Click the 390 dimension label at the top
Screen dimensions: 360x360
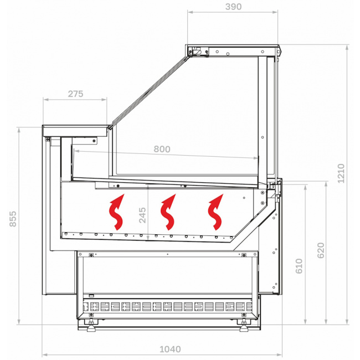point(233,7)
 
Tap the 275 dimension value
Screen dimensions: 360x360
point(75,94)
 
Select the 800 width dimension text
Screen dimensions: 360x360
point(162,149)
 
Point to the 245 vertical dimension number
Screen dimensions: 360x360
point(142,215)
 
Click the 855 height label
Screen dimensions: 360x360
point(13,219)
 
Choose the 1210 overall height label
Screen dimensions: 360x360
point(341,173)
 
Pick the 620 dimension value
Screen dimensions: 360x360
point(321,250)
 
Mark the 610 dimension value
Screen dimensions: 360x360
point(299,266)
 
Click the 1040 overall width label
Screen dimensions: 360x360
point(170,349)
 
